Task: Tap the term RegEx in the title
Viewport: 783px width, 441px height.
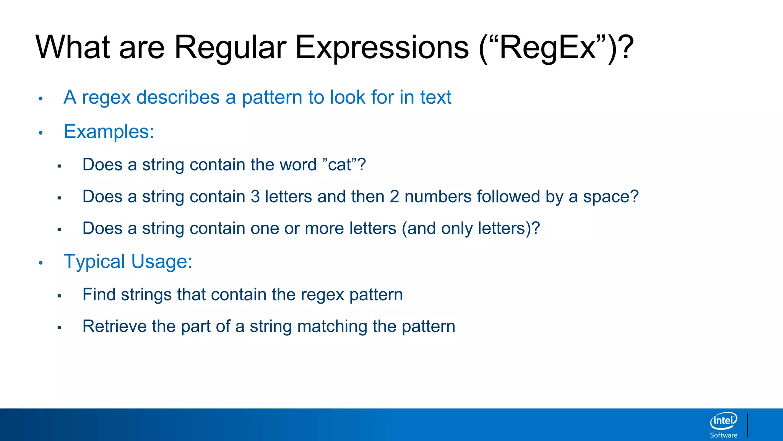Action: coord(547,48)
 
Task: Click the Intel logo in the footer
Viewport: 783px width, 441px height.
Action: coord(723,421)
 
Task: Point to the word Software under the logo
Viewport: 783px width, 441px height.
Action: coord(723,435)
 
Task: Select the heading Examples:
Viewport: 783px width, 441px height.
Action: coord(109,132)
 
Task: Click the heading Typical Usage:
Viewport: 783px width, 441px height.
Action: coord(128,262)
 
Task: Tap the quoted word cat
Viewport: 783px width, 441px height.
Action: coord(340,165)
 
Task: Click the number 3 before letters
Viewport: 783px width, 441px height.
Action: coord(255,197)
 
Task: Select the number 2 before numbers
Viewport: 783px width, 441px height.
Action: coord(394,197)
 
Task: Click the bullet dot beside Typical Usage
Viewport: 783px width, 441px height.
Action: coord(41,263)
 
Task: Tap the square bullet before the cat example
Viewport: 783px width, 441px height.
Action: coord(59,166)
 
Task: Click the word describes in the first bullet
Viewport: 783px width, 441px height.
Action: coord(178,97)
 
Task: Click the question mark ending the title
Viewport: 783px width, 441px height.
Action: coord(626,48)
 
